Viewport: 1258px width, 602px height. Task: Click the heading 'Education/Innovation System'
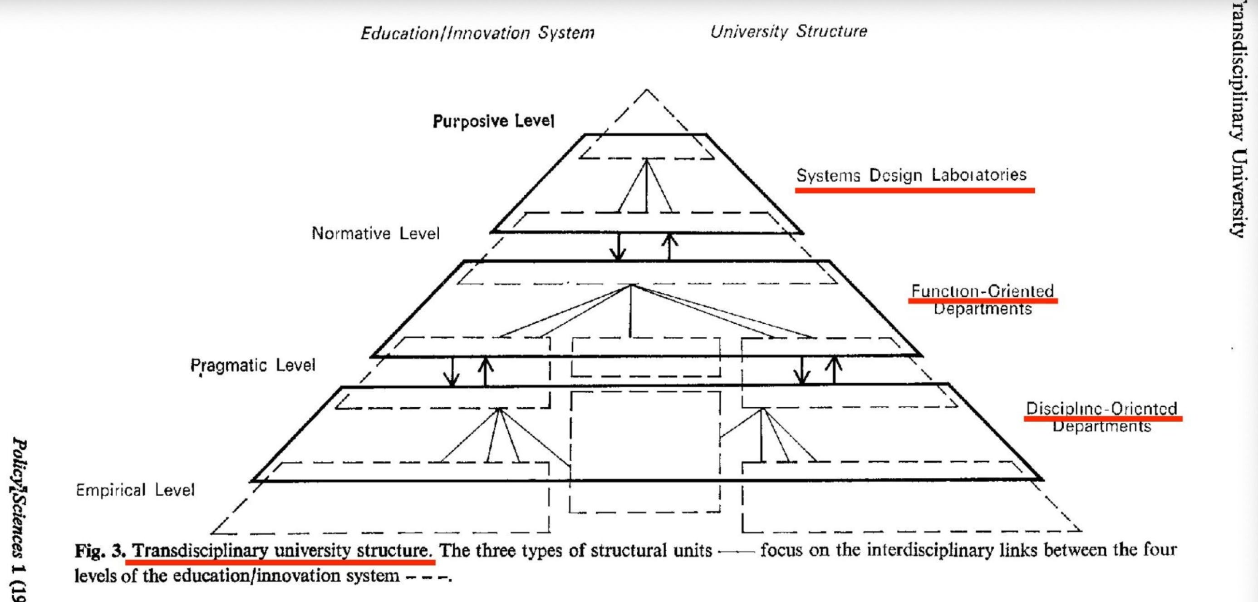pos(477,33)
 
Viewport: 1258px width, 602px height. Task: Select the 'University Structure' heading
pos(788,31)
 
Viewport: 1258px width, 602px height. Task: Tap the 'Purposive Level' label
pos(493,121)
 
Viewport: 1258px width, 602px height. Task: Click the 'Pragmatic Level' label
pos(253,365)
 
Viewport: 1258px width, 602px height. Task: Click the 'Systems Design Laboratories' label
pos(911,175)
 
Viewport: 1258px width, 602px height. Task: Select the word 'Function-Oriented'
pos(983,291)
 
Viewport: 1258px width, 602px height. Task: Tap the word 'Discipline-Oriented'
pos(1102,408)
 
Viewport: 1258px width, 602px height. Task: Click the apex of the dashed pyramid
pos(647,90)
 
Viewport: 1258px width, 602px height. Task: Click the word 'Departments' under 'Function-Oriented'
pos(983,309)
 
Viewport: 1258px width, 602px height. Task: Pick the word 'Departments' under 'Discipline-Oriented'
pos(1102,427)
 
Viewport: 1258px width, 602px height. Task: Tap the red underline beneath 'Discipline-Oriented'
pos(1103,419)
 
